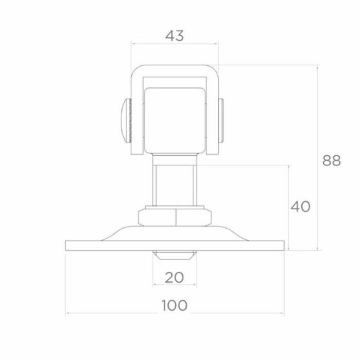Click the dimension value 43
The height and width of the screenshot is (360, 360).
coord(175,35)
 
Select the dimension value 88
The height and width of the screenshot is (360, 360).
coord(331,161)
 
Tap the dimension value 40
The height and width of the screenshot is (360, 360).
coord(300,207)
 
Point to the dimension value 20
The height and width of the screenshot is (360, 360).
coord(175,277)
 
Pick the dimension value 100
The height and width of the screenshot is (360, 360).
coord(175,305)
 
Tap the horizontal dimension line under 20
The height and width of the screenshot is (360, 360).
coord(175,285)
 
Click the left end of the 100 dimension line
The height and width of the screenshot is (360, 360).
coord(66,313)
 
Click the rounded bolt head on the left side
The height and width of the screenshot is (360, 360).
coord(123,121)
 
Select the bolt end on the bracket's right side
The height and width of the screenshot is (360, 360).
coord(221,121)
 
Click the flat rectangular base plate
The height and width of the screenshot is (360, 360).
coord(93,245)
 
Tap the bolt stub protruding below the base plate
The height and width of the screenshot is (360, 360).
coord(175,255)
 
